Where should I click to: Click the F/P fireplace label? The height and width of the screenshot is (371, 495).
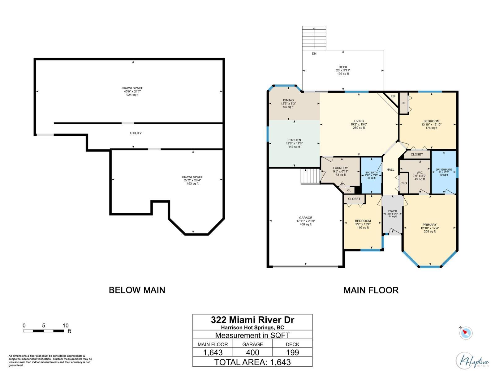tap(393, 96)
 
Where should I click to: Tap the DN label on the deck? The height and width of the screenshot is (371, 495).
tap(314, 54)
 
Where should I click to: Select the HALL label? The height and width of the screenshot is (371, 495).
tap(390, 169)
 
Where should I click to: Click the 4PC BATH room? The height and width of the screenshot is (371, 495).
tap(371, 175)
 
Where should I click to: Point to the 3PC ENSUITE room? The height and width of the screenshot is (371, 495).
tap(444, 172)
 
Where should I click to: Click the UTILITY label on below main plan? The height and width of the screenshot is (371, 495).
tap(136, 133)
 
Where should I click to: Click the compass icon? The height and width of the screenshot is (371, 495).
tap(466, 333)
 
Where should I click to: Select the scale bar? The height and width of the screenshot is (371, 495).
tap(44, 331)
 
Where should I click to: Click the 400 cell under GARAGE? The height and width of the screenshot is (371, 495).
tap(252, 352)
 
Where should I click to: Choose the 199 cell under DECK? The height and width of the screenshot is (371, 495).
tap(292, 352)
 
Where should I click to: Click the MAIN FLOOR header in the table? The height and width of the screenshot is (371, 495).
tap(213, 344)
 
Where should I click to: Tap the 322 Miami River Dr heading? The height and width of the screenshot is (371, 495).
tap(252, 320)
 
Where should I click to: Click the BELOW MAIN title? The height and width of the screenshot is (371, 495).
tap(137, 290)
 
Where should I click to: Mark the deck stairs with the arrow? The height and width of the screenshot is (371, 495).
tap(314, 38)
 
